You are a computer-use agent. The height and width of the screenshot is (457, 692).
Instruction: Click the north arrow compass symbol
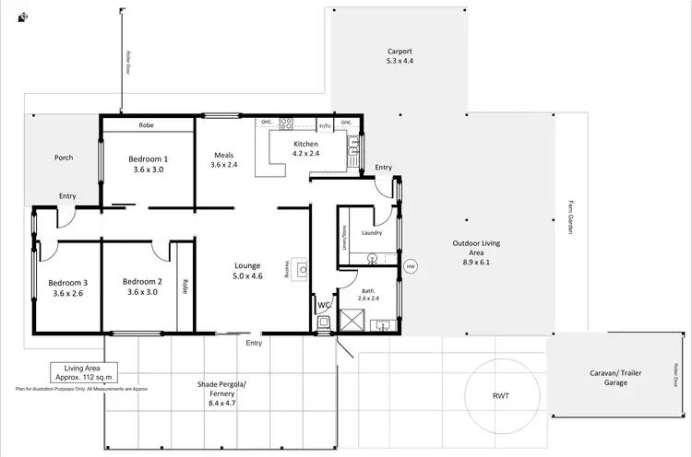22,17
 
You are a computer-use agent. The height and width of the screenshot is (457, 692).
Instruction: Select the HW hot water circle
411,266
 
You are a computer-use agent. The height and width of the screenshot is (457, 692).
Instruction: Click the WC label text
323,303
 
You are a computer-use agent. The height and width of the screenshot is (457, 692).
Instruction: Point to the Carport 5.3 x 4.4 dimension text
400,61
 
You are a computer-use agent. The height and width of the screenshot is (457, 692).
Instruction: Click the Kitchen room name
305,145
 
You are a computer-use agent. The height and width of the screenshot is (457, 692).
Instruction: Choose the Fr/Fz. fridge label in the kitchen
325,124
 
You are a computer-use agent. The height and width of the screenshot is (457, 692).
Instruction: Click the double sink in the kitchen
354,145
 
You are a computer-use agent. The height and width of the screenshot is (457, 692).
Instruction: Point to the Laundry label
372,232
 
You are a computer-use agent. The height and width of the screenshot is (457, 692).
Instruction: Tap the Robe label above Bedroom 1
146,124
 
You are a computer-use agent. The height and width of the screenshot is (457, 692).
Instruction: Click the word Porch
63,158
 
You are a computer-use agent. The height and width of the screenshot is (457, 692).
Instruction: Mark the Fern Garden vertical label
571,217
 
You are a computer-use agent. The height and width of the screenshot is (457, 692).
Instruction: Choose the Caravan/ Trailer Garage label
614,378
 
